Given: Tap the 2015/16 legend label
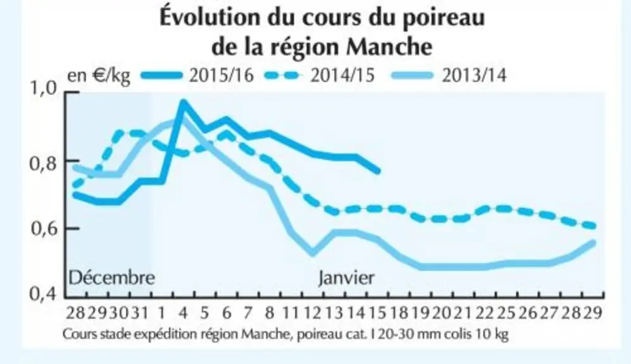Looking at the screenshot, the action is [x=222, y=75].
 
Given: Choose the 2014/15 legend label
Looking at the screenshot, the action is [x=342, y=75].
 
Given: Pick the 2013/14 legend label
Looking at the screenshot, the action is [x=474, y=75].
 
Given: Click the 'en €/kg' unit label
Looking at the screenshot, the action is [x=99, y=76].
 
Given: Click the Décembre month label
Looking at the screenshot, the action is [x=112, y=277].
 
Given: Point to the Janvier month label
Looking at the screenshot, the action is [x=346, y=277].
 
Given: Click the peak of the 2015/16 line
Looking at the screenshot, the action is [x=184, y=103].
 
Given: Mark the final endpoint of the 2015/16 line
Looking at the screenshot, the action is [x=378, y=171].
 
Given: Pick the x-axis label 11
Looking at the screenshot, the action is [x=290, y=313].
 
